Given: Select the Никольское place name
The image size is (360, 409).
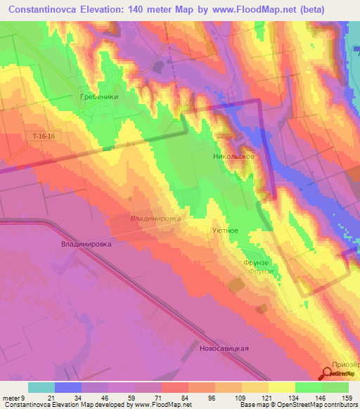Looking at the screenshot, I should pyautogui.click(x=233, y=157).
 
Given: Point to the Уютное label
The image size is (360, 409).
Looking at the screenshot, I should pyautogui.click(x=225, y=230).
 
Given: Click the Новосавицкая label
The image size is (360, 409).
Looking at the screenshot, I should pyautogui.click(x=224, y=348).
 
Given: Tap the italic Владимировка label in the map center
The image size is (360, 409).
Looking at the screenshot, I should pyautogui.click(x=155, y=219).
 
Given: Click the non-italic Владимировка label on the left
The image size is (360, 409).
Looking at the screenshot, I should pyautogui.click(x=86, y=245).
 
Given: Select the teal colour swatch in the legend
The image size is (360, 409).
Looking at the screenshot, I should pyautogui.click(x=41, y=387).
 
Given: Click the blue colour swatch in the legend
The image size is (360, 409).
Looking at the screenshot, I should pyautogui.click(x=68, y=387).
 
